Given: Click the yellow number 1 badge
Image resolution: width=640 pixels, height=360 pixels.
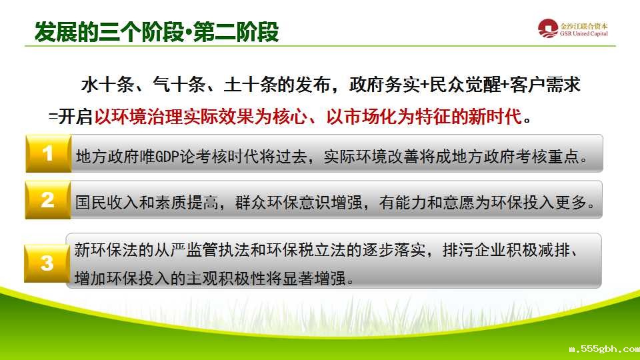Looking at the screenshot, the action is click(48, 153).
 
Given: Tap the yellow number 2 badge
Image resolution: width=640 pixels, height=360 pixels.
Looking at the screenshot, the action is click(48, 200).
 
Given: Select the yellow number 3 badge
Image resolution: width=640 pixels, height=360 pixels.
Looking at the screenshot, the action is click(47, 263).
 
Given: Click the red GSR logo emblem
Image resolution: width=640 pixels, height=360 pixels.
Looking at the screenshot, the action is click(548, 29).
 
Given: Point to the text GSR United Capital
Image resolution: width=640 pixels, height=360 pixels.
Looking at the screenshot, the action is click(584, 34).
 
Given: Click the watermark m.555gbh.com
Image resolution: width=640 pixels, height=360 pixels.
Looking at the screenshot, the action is click(605, 349).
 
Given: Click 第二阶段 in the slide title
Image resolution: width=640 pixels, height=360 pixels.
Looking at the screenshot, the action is click(236, 32).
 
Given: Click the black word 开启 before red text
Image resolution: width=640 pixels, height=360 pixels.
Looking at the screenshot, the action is click(75, 117).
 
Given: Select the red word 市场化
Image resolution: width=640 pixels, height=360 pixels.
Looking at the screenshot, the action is click(370, 117).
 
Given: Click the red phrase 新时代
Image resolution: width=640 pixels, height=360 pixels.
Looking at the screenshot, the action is click(495, 117).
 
